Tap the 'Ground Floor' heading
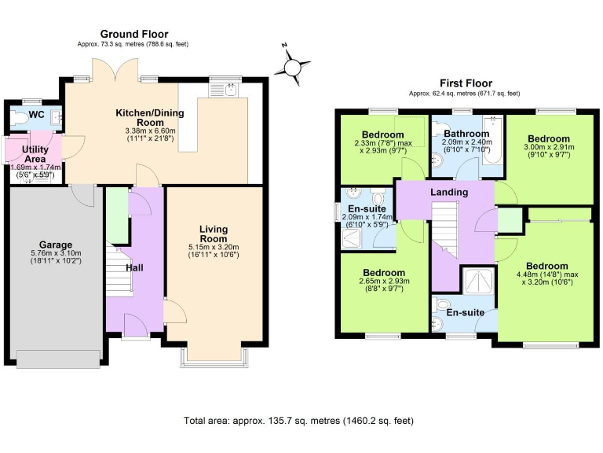point(133,34)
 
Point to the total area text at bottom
point(298,421)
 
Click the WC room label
point(36,115)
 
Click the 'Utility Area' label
point(36,153)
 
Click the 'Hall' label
point(134,267)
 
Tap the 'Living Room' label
point(213,234)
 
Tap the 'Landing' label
point(449,192)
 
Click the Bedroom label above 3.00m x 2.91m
point(546,137)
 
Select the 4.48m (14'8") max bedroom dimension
point(546,276)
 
